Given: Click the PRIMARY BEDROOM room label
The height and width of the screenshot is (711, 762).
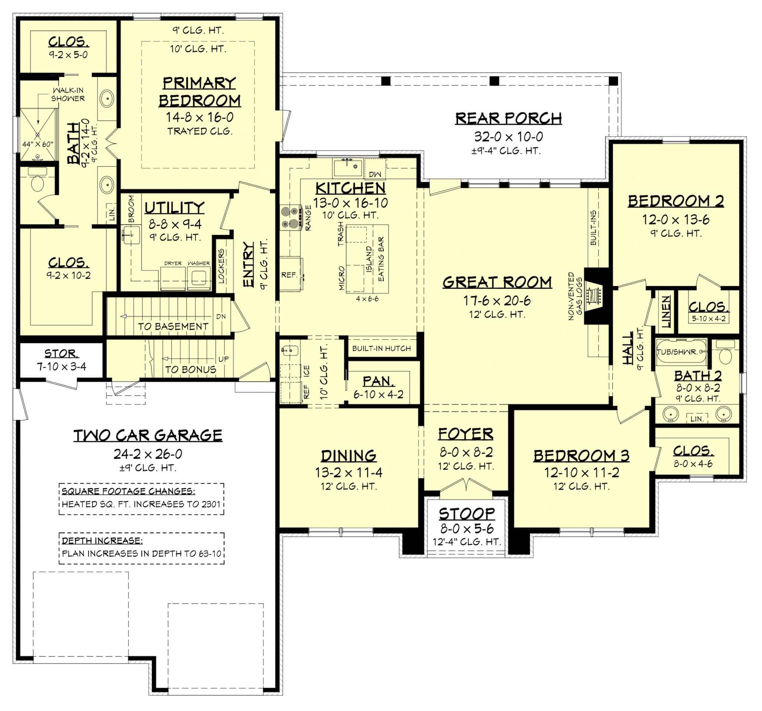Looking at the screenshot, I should coord(199,92).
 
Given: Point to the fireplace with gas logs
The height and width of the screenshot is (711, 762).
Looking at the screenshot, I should coord(595,296).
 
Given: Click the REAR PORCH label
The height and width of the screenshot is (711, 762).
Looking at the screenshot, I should coord(508,118).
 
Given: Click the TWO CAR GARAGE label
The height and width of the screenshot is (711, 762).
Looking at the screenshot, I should coord(148,435).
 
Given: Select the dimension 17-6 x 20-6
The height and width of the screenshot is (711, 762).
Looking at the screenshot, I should coord(497,301).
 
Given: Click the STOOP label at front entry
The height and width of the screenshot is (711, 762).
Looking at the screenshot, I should coord(467,513).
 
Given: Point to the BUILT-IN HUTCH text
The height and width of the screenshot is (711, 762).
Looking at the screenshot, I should coord(381,348).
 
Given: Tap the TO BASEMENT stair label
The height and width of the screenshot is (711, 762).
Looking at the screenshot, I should coord(173,326).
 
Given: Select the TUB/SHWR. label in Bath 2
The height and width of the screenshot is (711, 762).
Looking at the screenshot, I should coord(677,352).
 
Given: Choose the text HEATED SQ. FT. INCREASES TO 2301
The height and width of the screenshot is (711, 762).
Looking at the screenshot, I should coord(141,504).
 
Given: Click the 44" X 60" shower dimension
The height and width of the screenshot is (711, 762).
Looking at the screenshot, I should coord(38,144).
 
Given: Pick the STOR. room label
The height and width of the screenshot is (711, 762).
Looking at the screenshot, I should coord(61,353).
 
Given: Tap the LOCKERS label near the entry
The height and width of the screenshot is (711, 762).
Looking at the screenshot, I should coord(221,266).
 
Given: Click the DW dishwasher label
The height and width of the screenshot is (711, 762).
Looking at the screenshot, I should coord(375,174).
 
